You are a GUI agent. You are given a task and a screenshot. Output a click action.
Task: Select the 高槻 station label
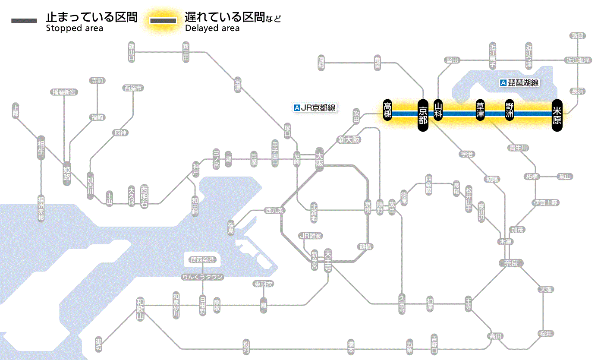[387, 111]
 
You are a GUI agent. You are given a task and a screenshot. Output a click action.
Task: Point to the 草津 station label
[480, 111]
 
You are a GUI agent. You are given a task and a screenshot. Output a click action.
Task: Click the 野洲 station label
[510, 111]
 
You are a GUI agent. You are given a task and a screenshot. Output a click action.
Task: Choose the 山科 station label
[438, 111]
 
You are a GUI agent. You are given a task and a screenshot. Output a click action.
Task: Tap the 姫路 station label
[67, 173]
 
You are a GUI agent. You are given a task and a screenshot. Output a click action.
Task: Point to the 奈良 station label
[510, 263]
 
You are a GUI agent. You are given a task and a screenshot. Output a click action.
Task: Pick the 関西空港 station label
[203, 260]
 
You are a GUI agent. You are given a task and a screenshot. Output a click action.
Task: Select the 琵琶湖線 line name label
[520, 83]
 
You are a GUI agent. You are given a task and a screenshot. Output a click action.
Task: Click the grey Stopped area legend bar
[24, 21]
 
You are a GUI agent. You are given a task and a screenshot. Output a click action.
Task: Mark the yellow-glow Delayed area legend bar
[163, 21]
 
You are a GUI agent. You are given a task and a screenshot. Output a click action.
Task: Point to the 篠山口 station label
[132, 52]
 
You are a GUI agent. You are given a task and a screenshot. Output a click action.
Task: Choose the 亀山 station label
[565, 176]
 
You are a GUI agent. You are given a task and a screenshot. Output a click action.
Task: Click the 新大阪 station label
[349, 139]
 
